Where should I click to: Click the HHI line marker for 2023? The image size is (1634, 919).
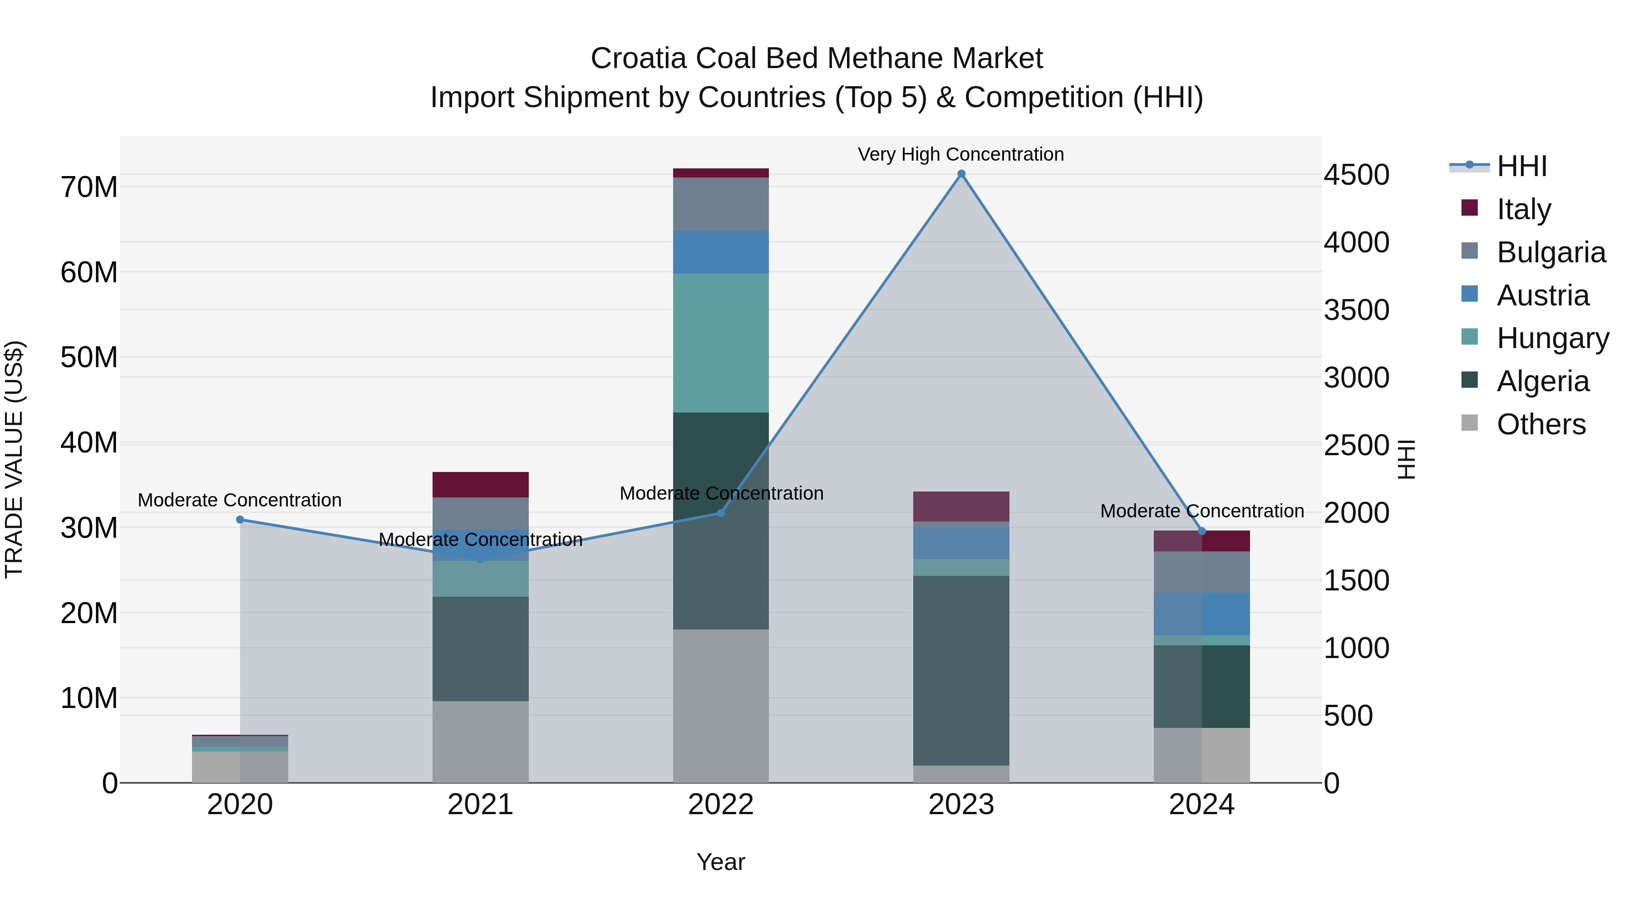point(961,174)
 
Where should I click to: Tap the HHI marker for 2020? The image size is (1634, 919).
point(240,520)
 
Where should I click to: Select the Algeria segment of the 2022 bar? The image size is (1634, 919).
point(721,520)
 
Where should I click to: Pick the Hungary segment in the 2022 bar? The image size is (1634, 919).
point(721,343)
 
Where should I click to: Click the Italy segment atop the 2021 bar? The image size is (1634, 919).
point(480,485)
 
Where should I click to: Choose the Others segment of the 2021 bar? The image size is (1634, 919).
point(480,742)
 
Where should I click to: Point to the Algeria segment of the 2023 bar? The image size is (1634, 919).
point(961,670)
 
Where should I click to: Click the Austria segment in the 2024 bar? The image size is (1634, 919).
point(1201,614)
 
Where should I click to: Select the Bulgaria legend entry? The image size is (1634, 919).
point(1550,252)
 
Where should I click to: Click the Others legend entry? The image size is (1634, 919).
point(1541,424)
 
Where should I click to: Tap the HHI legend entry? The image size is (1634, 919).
point(1522,166)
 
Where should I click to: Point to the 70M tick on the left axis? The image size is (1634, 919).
point(89,187)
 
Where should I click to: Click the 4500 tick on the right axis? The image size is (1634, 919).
point(1356,175)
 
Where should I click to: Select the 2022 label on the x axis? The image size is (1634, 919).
point(721,805)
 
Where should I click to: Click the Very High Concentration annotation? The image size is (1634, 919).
point(960,154)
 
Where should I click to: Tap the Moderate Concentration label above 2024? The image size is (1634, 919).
point(1201,511)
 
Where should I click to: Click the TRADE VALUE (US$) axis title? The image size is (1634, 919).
point(14,459)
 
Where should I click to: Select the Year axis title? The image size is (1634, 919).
point(721,862)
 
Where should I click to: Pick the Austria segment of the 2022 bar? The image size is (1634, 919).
point(721,252)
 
